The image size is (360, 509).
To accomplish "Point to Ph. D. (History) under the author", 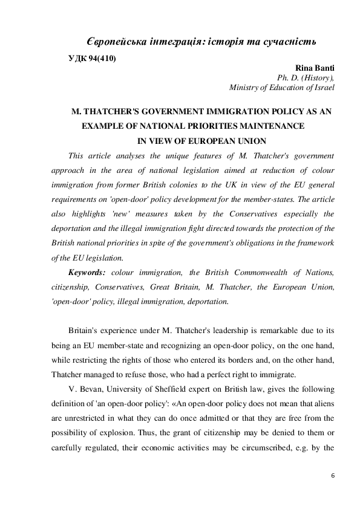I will (305, 77).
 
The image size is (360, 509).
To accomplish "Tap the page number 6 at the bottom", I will (332, 477).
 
